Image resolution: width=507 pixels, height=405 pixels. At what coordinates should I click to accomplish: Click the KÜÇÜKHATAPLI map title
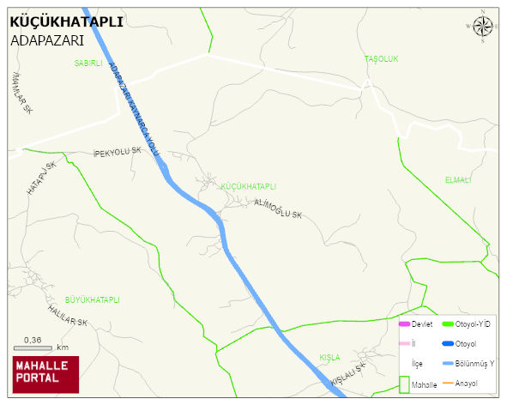[x=66, y=22]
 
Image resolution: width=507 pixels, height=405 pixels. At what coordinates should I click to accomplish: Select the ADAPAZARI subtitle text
[x=46, y=40]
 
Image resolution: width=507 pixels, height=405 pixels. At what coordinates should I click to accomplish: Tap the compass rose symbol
[x=483, y=27]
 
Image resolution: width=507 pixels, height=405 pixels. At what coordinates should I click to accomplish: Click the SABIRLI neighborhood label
[x=88, y=63]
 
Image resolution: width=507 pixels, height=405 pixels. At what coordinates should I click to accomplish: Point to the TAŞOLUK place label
[x=382, y=58]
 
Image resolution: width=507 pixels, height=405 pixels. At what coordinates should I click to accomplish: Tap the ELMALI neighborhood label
[x=458, y=180]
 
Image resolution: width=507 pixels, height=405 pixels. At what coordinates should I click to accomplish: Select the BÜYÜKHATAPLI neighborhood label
[x=92, y=300]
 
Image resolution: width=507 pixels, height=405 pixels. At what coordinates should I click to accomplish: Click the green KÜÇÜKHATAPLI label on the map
[x=248, y=186]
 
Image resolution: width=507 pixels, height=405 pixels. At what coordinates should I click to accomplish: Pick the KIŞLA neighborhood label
[x=329, y=357]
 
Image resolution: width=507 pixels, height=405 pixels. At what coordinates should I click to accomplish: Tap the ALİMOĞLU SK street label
[x=279, y=209]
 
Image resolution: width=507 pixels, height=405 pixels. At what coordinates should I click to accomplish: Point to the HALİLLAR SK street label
[x=68, y=316]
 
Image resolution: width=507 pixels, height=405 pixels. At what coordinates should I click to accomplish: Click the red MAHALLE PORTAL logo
[x=45, y=373]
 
